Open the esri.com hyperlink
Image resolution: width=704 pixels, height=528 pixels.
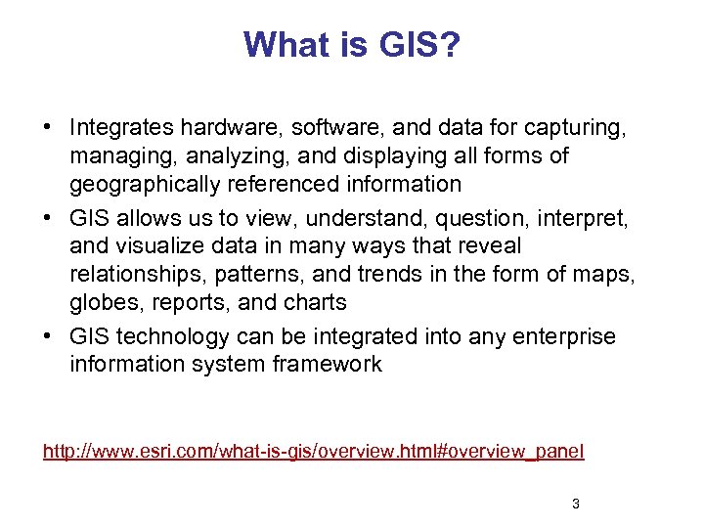[x=313, y=451]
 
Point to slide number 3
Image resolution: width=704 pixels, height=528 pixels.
[x=575, y=505]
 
